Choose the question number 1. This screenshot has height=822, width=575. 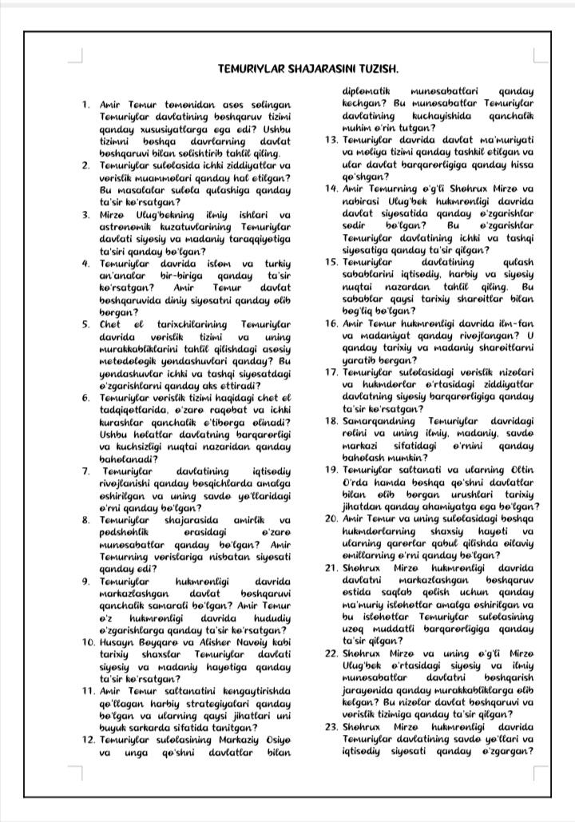85,105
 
